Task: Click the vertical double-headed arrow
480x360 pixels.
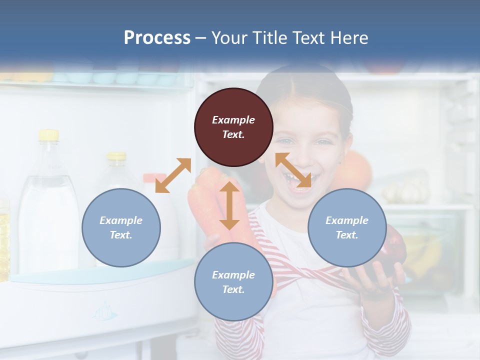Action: (229, 205)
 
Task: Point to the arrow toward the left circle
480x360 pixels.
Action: (173, 175)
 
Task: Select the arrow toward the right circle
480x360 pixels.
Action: (293, 170)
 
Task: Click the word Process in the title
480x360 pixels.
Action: (157, 37)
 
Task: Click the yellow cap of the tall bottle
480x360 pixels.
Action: (48, 134)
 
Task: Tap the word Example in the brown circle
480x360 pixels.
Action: (233, 120)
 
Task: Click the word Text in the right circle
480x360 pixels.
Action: (346, 234)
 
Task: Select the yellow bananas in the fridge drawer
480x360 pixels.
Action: (425, 250)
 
